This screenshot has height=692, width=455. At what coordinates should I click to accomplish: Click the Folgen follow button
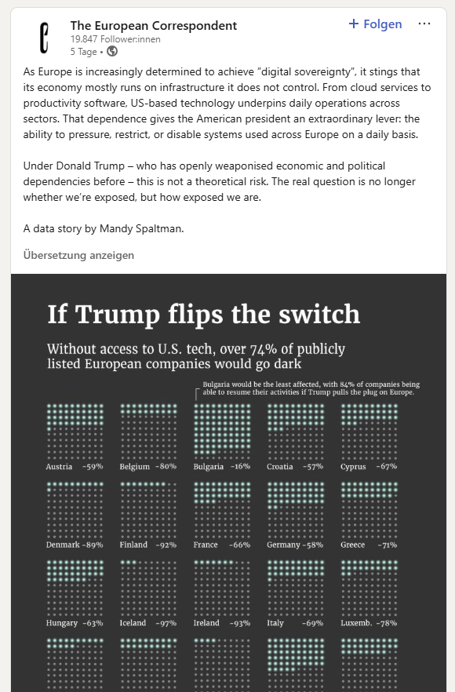(x=375, y=24)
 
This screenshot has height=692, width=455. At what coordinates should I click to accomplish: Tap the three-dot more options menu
(x=424, y=24)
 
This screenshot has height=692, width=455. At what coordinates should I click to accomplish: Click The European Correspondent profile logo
(x=44, y=38)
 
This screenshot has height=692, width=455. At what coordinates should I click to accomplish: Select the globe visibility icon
(x=112, y=51)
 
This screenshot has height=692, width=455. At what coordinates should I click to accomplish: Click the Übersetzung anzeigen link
(x=78, y=255)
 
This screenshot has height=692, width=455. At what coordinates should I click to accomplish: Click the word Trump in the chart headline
(x=118, y=314)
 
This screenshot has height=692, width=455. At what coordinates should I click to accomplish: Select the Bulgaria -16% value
(x=241, y=467)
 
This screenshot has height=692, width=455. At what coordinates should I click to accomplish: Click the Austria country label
(x=59, y=467)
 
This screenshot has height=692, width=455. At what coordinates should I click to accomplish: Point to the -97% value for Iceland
(x=166, y=623)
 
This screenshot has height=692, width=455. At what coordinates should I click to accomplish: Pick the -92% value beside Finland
(x=166, y=544)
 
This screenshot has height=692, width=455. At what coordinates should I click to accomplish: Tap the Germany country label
(x=283, y=545)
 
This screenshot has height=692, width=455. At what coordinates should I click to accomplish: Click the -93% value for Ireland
(x=239, y=623)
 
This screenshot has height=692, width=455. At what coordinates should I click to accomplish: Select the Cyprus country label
(x=353, y=467)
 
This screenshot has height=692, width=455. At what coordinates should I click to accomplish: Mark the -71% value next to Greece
(x=388, y=544)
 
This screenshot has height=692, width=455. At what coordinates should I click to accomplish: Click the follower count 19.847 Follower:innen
(x=115, y=39)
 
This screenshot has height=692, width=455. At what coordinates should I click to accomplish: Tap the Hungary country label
(x=62, y=623)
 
